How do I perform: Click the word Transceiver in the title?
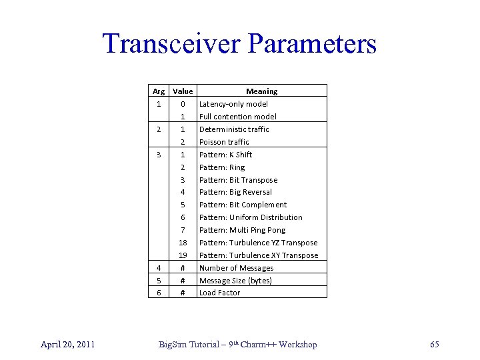169,45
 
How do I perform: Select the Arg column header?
159,91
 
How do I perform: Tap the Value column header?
182,91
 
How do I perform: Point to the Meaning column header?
262,91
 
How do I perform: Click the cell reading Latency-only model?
233,104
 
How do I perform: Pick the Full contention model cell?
237,117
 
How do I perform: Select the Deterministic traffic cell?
234,129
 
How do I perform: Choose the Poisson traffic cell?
224,142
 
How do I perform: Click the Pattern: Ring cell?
222,167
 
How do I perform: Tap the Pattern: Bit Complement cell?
243,205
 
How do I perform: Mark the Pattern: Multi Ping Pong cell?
242,230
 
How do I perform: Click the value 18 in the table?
182,243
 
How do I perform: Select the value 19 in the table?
182,255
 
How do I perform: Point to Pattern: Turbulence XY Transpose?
259,255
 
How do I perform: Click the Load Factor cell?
219,293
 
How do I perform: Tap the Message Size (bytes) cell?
235,281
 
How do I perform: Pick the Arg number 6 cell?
159,293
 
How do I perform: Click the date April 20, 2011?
67,344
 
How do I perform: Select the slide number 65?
435,344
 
